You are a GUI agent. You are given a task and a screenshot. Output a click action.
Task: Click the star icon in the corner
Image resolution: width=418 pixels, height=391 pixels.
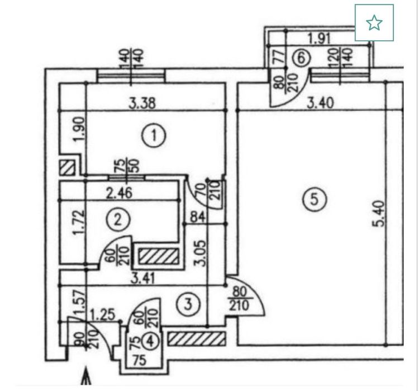tap(374, 23)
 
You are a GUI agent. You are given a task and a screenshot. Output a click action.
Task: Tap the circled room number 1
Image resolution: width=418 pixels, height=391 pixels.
tap(154, 135)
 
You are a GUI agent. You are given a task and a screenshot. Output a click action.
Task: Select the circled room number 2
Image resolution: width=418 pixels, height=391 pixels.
tap(118, 220)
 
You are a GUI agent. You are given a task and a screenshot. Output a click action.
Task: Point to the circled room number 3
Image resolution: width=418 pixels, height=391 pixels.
tap(188, 304)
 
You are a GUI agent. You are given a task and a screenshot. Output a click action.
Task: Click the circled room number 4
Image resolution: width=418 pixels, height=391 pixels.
tap(151, 341)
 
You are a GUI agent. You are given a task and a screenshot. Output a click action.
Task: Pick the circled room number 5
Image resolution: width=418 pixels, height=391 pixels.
tap(315, 199)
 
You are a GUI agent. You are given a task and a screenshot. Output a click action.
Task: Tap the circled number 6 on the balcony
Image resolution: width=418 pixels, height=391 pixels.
tap(301, 58)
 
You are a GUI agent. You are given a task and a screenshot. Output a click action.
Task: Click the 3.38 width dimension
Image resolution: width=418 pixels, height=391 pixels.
tap(142, 103)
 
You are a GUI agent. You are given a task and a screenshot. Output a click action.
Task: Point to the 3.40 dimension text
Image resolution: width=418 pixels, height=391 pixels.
tap(320, 103)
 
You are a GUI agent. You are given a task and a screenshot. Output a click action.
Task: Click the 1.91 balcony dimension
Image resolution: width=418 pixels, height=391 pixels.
tap(319, 39)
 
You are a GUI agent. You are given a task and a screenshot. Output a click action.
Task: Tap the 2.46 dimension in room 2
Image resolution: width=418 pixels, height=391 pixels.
tap(119, 192)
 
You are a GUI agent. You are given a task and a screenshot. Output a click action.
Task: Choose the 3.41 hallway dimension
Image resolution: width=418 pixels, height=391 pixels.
tap(143, 279)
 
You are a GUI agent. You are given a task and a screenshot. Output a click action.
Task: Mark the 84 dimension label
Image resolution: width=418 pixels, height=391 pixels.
tap(197, 217)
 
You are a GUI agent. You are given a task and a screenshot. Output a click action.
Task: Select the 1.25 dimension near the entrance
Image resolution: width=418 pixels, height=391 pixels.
tap(103, 314)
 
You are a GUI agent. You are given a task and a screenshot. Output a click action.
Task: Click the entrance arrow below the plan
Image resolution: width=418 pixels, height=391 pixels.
tap(86, 376)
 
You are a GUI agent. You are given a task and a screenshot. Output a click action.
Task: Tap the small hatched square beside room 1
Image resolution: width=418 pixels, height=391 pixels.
tap(67, 168)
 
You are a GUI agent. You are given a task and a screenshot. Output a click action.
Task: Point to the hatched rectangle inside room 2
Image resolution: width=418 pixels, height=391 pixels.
tap(159, 256)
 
